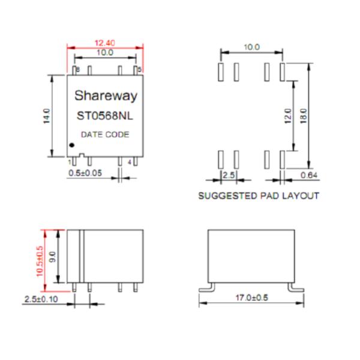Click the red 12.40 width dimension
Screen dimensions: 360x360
tap(105, 43)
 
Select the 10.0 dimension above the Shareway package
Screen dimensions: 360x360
tap(104, 53)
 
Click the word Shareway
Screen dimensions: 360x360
tap(106, 96)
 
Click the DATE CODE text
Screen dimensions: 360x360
tap(105, 134)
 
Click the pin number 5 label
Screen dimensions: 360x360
tap(140, 70)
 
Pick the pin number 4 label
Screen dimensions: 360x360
tap(130, 162)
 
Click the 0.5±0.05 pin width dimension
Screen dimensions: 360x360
tap(86, 173)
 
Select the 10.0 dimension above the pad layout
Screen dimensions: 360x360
tap(251, 47)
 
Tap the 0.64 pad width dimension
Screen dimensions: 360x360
tap(308, 175)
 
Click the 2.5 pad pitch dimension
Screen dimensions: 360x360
tap(229, 175)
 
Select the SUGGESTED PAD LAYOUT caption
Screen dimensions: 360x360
tap(259, 196)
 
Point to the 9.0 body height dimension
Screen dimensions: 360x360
tap(52, 258)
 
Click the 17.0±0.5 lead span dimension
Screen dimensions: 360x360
tap(251, 298)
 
